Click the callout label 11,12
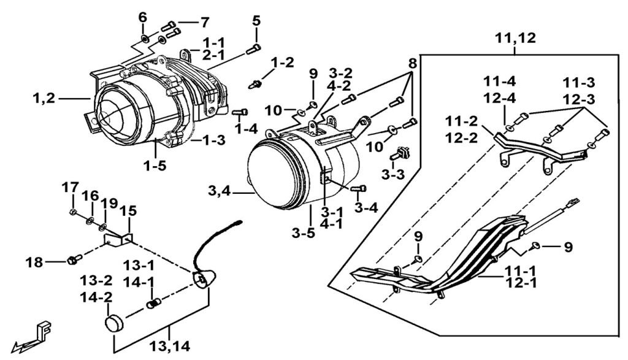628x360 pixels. coord(515,39)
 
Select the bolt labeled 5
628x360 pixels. coord(253,49)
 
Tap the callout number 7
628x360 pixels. coord(205,23)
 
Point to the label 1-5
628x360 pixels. coord(155,166)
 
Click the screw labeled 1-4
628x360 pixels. coord(240,112)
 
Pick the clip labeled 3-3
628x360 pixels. coord(401,153)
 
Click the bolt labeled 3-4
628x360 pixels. coord(358,188)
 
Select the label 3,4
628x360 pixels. coord(219,191)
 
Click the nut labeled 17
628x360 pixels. coord(73,212)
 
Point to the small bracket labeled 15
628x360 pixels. coord(117,239)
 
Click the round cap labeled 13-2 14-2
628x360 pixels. coord(114,323)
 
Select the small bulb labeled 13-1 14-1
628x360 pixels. coord(152,304)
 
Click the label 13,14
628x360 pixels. coord(170,347)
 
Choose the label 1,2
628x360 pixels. coord(44,98)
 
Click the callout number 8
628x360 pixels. coord(413,63)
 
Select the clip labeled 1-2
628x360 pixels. coord(255,85)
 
